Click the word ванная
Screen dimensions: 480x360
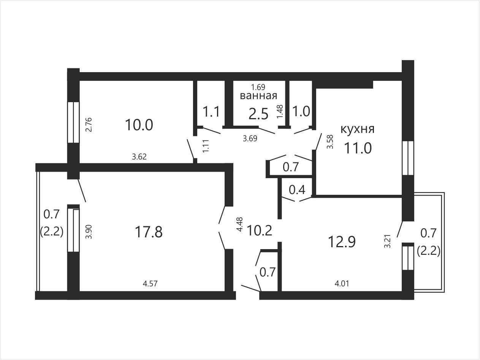pyautogui.click(x=258, y=96)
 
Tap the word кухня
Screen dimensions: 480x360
pyautogui.click(x=358, y=129)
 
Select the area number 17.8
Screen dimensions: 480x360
pyautogui.click(x=149, y=232)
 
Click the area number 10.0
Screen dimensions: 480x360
pyautogui.click(x=139, y=125)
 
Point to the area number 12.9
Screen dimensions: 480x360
pyautogui.click(x=342, y=242)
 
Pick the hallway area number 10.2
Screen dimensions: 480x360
pyautogui.click(x=259, y=231)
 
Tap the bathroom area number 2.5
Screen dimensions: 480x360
pyautogui.click(x=258, y=114)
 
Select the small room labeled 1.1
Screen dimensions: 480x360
pyautogui.click(x=211, y=112)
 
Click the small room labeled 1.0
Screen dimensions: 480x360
pyautogui.click(x=301, y=111)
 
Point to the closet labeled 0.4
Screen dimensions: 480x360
pyautogui.click(x=297, y=189)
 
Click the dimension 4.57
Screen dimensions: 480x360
pyautogui.click(x=150, y=284)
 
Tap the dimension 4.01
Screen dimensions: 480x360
pyautogui.click(x=342, y=284)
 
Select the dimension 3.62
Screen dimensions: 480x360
pyautogui.click(x=139, y=156)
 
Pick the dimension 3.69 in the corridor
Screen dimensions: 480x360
pyautogui.click(x=250, y=138)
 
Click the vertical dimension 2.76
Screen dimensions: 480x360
pyautogui.click(x=89, y=125)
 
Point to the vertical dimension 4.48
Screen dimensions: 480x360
pyautogui.click(x=240, y=224)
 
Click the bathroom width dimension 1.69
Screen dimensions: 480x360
pyautogui.click(x=258, y=87)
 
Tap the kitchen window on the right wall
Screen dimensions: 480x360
pyautogui.click(x=408, y=158)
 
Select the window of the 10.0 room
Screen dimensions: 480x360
pyautogui.click(x=73, y=123)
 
